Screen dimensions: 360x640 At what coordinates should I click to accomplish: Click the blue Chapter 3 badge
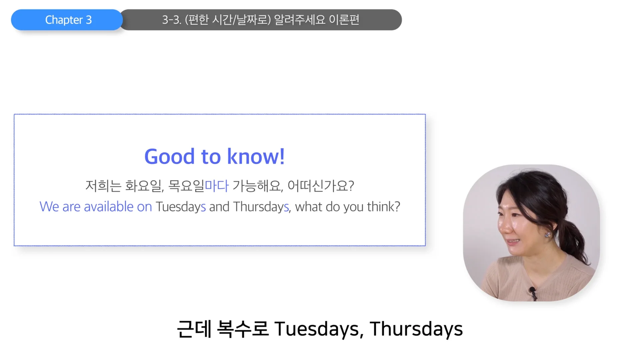coord(68,20)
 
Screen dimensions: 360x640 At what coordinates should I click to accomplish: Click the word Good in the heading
coord(169,156)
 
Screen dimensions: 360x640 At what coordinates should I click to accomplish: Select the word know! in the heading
coord(256,156)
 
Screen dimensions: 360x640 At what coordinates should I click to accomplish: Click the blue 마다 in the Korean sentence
coord(217,186)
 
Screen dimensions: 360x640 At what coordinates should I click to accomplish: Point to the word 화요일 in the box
coord(143,186)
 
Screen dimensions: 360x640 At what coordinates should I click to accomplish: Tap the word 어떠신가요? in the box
coord(320,186)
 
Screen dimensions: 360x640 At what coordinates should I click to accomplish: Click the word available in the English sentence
coord(109,207)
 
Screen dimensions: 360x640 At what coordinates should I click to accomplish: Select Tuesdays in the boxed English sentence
coord(181,207)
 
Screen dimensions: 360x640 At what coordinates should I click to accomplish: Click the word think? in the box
coord(383,207)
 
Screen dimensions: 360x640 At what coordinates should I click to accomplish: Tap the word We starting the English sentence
coord(49,207)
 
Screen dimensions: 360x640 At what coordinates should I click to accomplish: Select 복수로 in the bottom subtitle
coord(243,329)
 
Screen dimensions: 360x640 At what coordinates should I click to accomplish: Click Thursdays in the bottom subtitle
coord(416,329)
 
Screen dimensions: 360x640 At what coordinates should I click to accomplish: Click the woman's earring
coord(547,235)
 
